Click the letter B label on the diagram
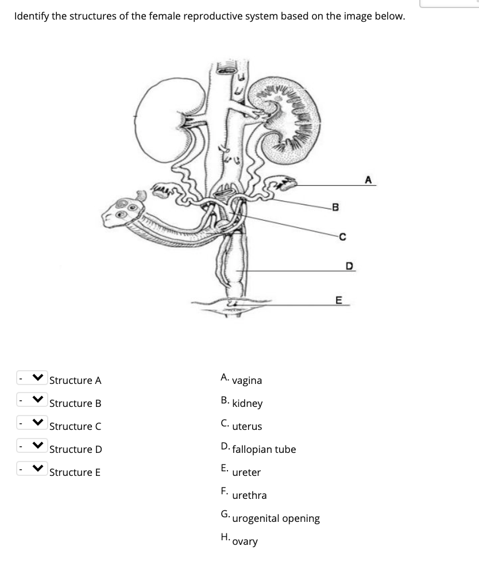click(336, 207)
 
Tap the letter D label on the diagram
click(348, 266)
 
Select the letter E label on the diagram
click(338, 299)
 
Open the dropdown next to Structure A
click(29, 380)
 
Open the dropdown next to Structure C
click(29, 426)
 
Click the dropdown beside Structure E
click(29, 472)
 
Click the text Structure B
click(75, 403)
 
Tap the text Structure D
click(75, 449)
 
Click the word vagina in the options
click(247, 380)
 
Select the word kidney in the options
click(248, 403)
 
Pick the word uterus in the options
click(247, 426)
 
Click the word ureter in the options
click(246, 472)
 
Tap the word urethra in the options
click(249, 495)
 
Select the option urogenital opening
click(276, 518)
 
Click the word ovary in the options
click(245, 541)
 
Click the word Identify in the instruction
click(33, 16)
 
